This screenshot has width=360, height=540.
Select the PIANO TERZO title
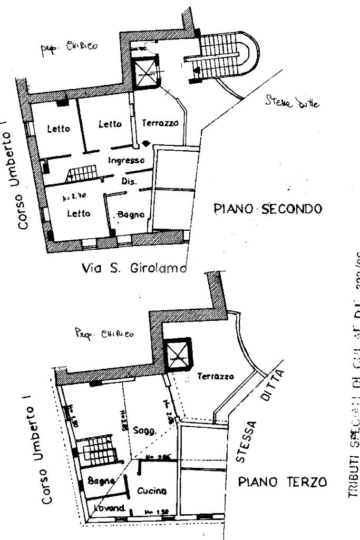[281, 482]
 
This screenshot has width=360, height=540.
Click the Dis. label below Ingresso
[129, 181]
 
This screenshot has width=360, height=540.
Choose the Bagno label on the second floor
[131, 214]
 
